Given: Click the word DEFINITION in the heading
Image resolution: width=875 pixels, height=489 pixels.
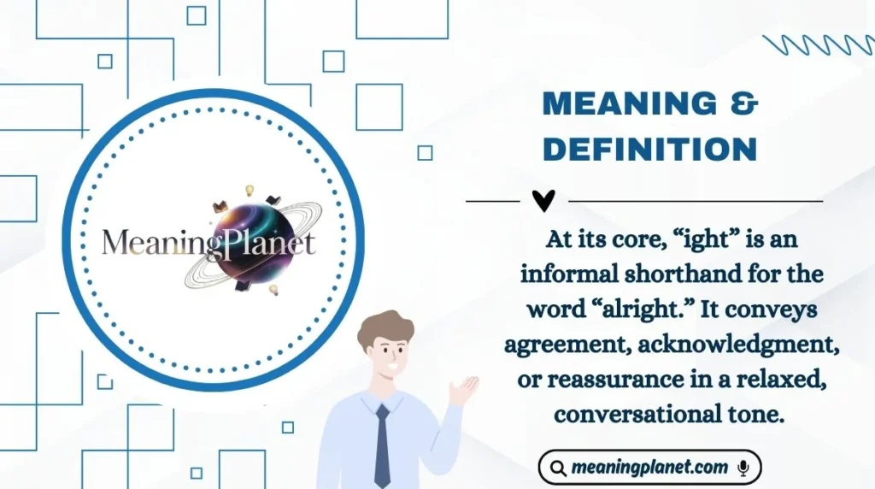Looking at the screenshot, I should [x=650, y=150].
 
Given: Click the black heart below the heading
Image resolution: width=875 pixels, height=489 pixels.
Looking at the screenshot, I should [x=543, y=200].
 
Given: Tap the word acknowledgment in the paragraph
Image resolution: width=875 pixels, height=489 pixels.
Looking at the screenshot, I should [x=747, y=344].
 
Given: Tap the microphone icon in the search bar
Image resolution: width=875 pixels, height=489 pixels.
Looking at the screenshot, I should [x=743, y=468].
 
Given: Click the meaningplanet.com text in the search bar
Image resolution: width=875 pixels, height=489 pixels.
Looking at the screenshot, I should [x=649, y=468].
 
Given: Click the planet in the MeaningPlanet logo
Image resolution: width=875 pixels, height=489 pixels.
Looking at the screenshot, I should [x=247, y=240].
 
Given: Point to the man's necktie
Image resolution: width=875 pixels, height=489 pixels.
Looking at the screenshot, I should [x=382, y=445].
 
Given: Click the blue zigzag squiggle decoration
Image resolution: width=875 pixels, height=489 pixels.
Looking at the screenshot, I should [x=817, y=44].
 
